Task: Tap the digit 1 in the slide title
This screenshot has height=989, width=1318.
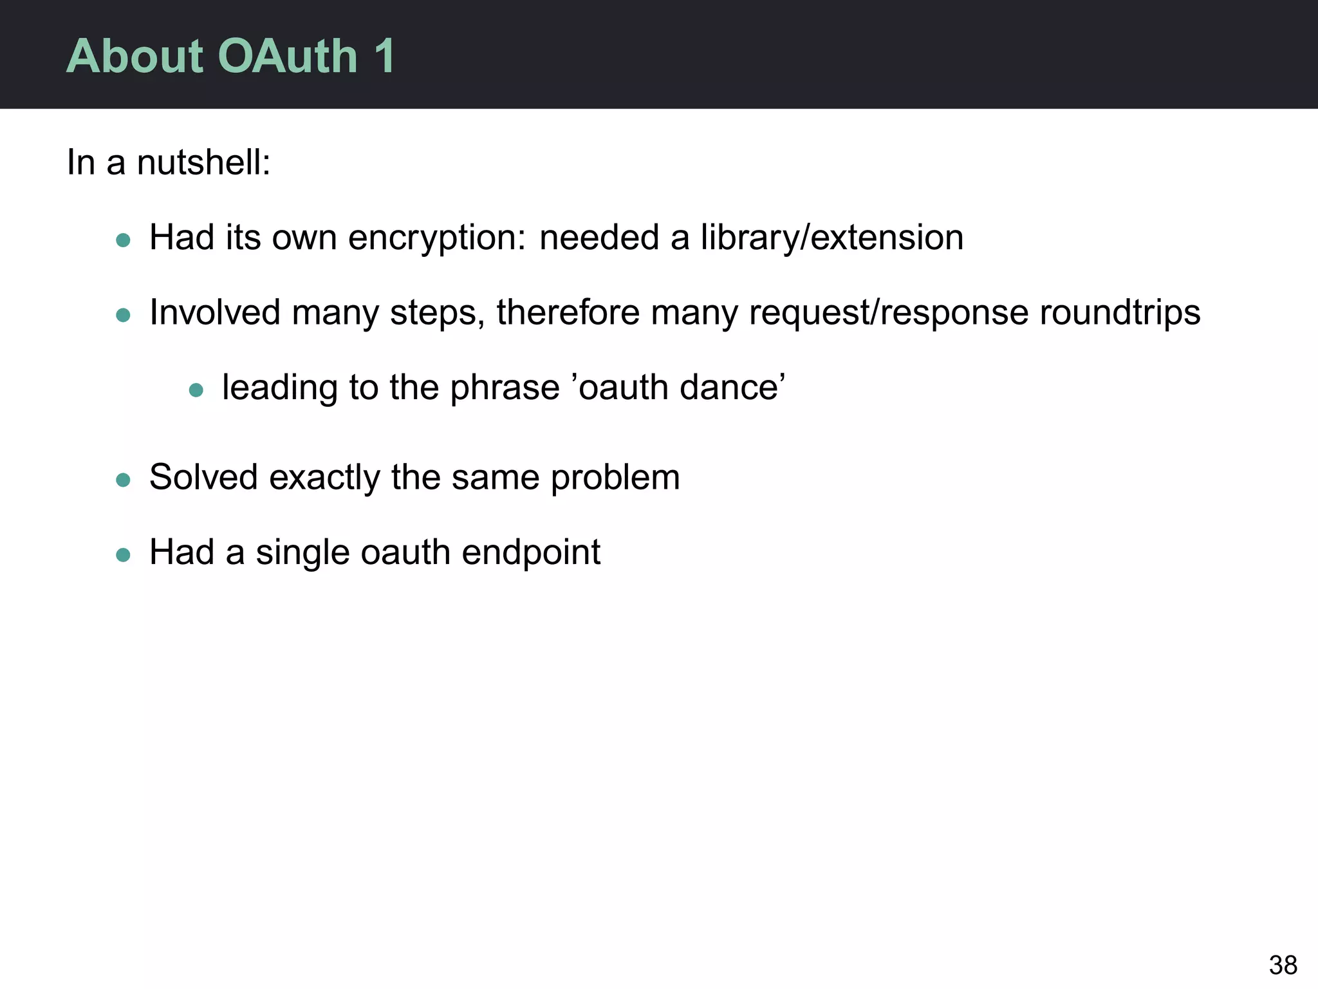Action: pos(384,57)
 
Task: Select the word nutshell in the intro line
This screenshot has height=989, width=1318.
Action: pos(203,162)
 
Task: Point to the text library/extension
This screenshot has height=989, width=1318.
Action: pos(832,238)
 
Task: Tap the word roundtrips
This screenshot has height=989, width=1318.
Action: pos(1120,313)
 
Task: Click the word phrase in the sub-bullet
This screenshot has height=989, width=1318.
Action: pos(505,388)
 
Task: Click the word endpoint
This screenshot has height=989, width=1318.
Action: pos(531,552)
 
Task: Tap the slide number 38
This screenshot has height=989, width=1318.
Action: pos(1283,965)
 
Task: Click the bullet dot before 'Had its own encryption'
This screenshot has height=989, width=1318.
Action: pos(123,241)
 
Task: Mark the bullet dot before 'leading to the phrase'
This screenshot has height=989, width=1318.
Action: pos(196,390)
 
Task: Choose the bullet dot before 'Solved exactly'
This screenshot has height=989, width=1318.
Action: pos(123,480)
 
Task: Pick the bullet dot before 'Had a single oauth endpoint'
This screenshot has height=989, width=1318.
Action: pos(123,555)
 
